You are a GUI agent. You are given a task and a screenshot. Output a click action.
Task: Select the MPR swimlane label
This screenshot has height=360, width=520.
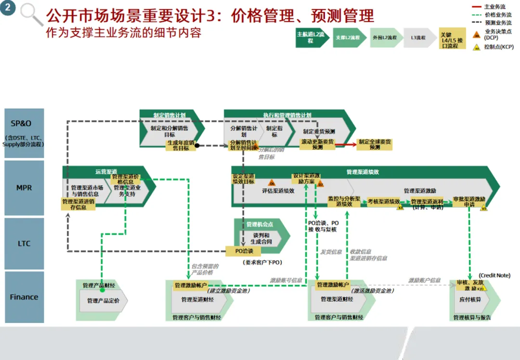click(x=24, y=188)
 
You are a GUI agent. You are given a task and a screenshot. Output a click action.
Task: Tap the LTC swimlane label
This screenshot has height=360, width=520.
click(x=24, y=244)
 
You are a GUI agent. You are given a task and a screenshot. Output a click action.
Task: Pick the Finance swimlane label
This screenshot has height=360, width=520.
click(x=24, y=297)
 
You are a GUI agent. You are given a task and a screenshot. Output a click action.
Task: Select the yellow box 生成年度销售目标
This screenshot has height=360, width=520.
click(x=181, y=145)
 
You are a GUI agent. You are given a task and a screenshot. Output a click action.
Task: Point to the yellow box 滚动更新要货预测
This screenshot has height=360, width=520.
click(x=317, y=144)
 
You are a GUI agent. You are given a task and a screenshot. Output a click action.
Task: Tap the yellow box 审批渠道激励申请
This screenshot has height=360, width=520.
click(x=469, y=202)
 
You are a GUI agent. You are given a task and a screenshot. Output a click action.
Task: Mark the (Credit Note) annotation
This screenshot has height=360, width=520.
click(x=494, y=275)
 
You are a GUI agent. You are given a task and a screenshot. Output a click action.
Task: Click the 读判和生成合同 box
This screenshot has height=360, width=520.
click(x=260, y=238)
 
